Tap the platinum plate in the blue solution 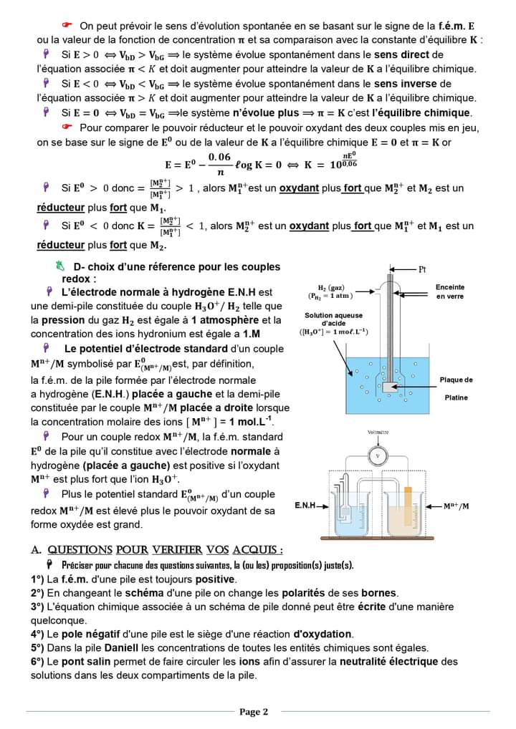click(x=391, y=387)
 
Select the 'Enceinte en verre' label click(x=449, y=291)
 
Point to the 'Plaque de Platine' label click(x=456, y=388)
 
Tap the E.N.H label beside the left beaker click(x=306, y=506)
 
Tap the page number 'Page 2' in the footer click(x=254, y=712)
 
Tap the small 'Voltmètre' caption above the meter click(x=378, y=433)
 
